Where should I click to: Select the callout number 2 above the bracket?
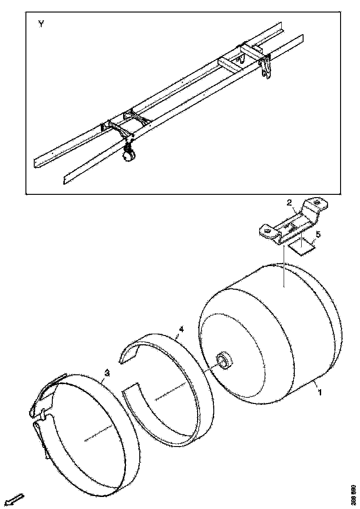[x=289, y=203]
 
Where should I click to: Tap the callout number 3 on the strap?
[x=107, y=372]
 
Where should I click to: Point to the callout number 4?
[x=181, y=329]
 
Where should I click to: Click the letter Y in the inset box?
[x=41, y=25]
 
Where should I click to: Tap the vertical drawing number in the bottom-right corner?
[x=354, y=495]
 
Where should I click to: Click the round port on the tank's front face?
[x=223, y=360]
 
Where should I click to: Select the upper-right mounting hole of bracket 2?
[x=317, y=202]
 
